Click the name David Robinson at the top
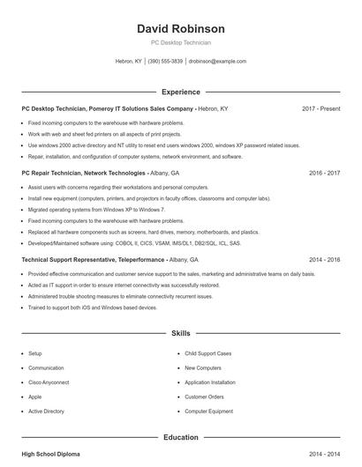point(181,28)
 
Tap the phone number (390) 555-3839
point(165,62)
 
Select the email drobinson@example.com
point(217,62)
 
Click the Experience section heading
point(181,92)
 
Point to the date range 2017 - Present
point(321,108)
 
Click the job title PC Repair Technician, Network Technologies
point(84,174)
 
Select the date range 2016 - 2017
point(324,174)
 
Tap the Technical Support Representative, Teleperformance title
point(93,260)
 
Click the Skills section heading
point(181,335)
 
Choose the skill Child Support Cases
point(208,353)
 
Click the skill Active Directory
point(47,411)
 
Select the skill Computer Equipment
point(208,411)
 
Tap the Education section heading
point(181,437)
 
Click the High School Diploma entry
point(50,454)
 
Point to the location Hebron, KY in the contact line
point(129,62)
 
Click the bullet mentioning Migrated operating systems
point(96,210)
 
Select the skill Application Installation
point(210,382)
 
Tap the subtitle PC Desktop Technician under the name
point(181,42)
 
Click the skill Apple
point(35,397)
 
